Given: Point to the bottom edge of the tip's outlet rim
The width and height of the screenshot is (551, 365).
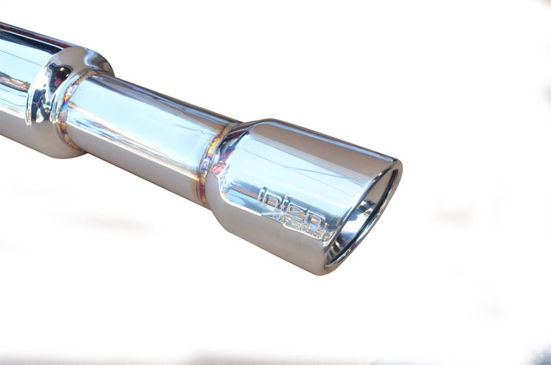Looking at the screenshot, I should point(337,266).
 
